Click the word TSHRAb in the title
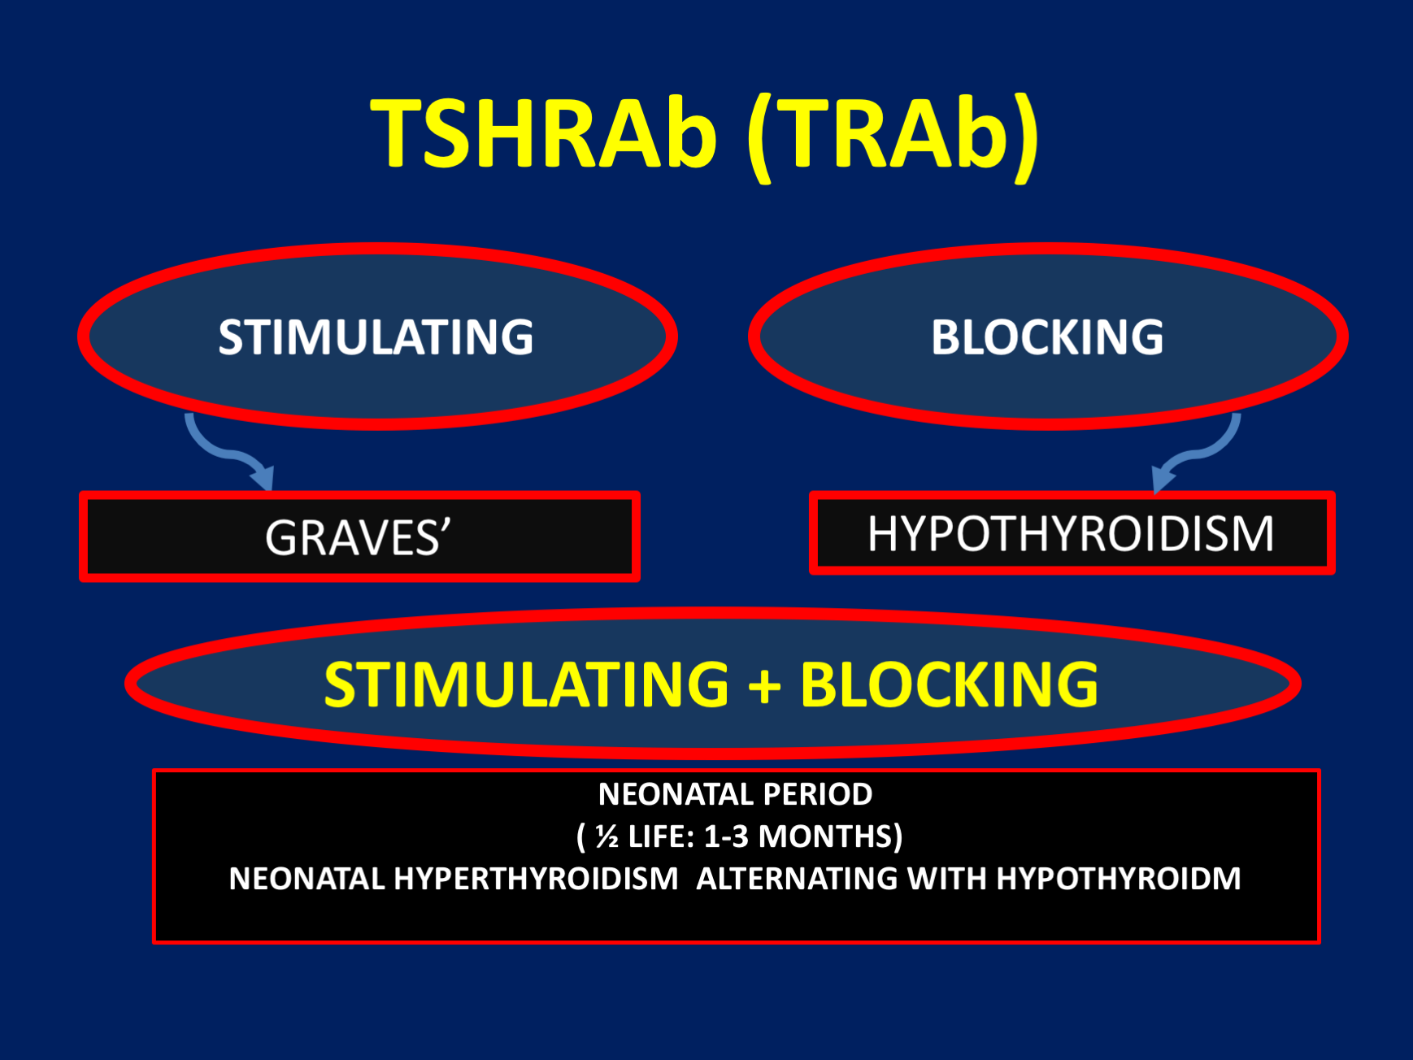544,133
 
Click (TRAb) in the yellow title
893,137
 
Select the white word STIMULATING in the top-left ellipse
376,337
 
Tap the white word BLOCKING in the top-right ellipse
1047,337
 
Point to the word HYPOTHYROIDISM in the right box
1071,534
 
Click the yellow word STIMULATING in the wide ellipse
527,684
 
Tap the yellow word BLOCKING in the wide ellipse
950,684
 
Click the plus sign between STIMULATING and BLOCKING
765,685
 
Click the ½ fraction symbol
607,836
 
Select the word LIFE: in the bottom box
661,836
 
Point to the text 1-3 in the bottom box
726,836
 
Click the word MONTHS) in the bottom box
830,837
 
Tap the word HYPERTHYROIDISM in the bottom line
536,879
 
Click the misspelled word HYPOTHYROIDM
1119,879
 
